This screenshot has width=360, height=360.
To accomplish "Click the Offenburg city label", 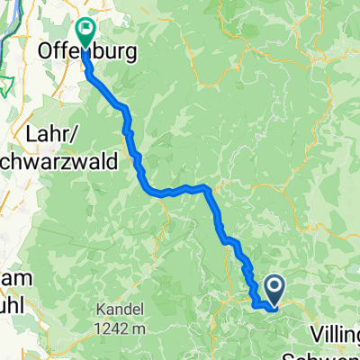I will [x=88, y=53].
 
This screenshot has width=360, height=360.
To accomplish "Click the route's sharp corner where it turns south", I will [x=208, y=188].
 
